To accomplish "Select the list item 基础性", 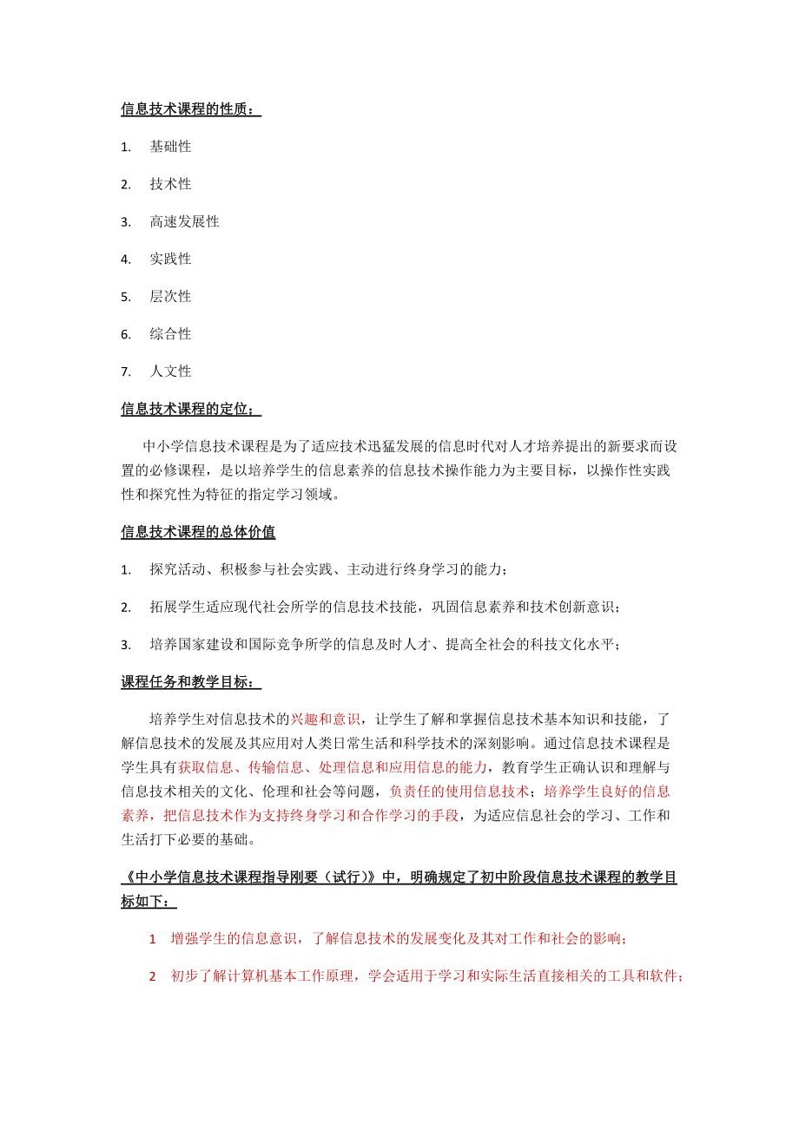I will [170, 147].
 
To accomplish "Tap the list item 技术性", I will [170, 184].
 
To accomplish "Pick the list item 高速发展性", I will [184, 221].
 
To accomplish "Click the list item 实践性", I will [170, 259].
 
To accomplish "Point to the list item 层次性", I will [170, 296].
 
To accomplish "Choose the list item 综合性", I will [170, 333].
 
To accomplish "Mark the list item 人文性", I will [170, 371].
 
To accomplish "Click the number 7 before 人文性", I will [125, 371].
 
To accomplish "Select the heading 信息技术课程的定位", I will [190, 408].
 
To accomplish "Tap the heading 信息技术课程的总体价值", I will [198, 531].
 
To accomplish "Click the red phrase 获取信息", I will [205, 766].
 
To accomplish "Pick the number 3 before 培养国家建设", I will [125, 644].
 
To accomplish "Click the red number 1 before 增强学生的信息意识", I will [153, 939].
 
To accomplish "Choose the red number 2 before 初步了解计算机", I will [153, 976].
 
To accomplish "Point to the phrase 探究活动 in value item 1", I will [177, 569].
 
